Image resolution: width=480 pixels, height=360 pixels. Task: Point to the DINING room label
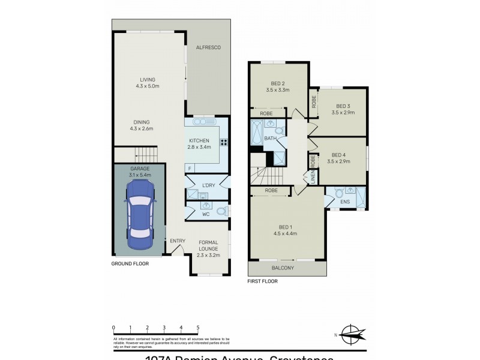click(142, 125)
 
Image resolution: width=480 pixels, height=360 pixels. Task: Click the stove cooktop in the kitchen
click(224, 142)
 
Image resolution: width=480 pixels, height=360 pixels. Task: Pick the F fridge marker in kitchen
click(190, 168)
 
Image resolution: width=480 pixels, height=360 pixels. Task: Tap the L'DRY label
click(209, 184)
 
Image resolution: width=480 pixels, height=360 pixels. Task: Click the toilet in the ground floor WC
click(220, 211)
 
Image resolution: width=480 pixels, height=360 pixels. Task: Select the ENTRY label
click(178, 241)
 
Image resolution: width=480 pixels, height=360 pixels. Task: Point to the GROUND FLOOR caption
click(130, 263)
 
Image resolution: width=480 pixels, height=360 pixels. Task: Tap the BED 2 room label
click(278, 83)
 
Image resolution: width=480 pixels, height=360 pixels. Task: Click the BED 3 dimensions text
click(343, 112)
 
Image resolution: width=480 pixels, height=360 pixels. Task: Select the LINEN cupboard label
click(313, 178)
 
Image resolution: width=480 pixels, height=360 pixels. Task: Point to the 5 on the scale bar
click(198, 328)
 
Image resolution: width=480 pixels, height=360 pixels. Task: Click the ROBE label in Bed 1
click(270, 191)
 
